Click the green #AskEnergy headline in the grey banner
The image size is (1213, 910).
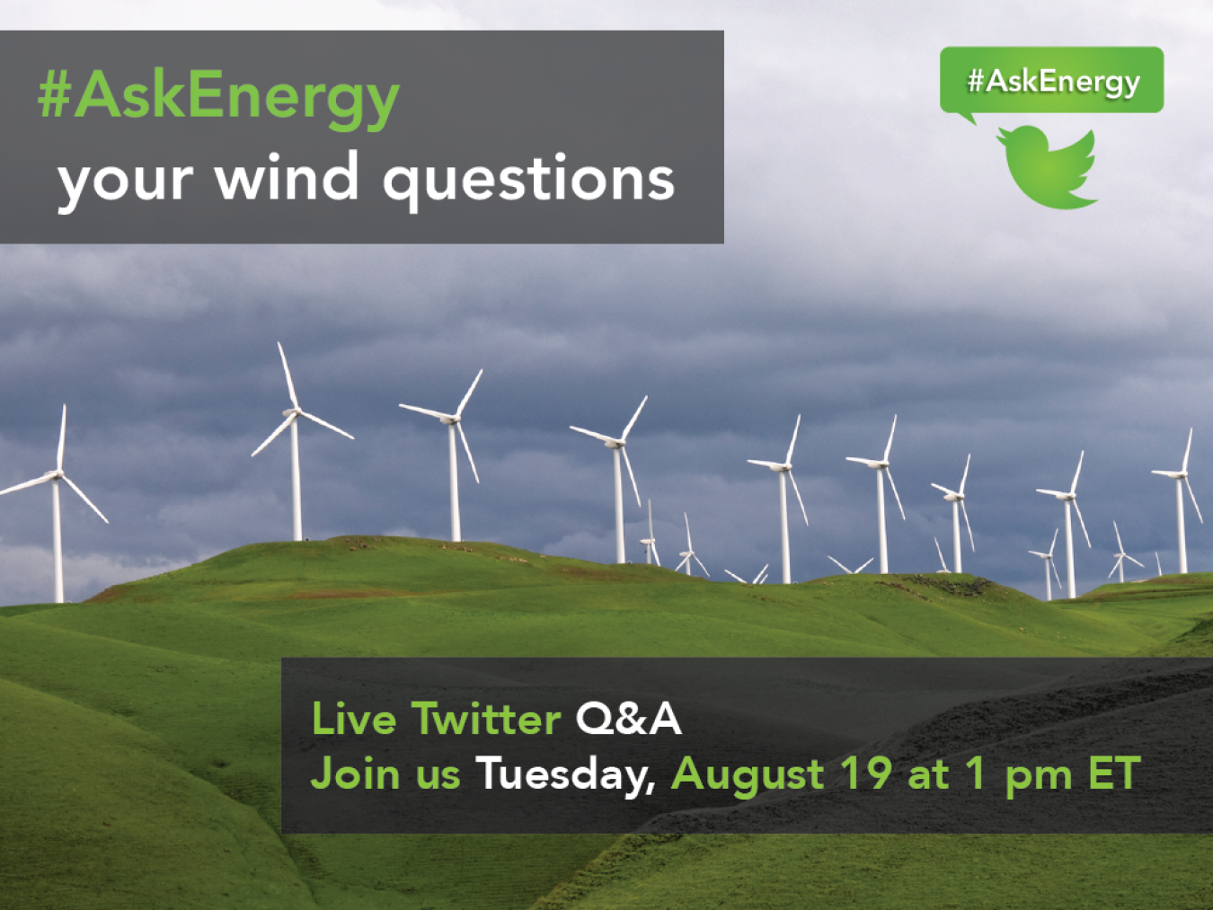[218, 98]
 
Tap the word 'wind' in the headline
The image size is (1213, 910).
[287, 176]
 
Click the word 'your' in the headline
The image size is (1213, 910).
[126, 184]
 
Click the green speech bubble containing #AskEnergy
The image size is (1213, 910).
[1051, 82]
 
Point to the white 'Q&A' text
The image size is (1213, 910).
[628, 719]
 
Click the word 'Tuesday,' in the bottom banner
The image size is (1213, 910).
[566, 774]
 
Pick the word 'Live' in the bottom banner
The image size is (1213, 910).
[354, 719]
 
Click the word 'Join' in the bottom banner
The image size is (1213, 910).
[355, 773]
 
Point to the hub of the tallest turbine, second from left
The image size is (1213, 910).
[294, 412]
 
